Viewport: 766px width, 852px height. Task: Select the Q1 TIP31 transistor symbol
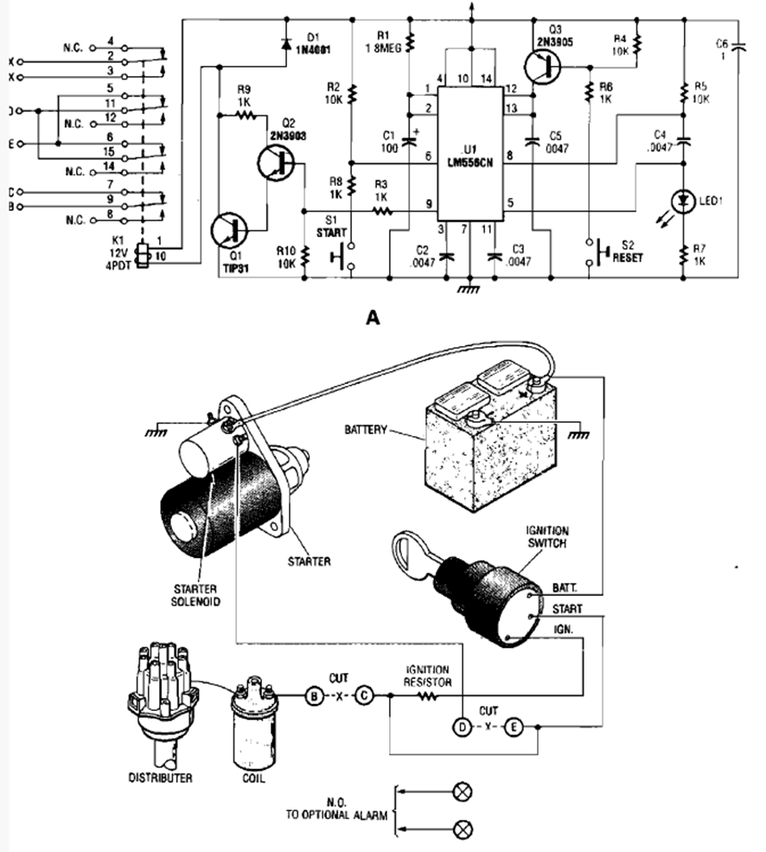(231, 232)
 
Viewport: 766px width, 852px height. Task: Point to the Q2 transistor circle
(277, 162)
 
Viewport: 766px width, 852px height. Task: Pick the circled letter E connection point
(513, 727)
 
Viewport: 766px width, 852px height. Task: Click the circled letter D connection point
(464, 727)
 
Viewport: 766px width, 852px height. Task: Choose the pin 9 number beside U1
(427, 204)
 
